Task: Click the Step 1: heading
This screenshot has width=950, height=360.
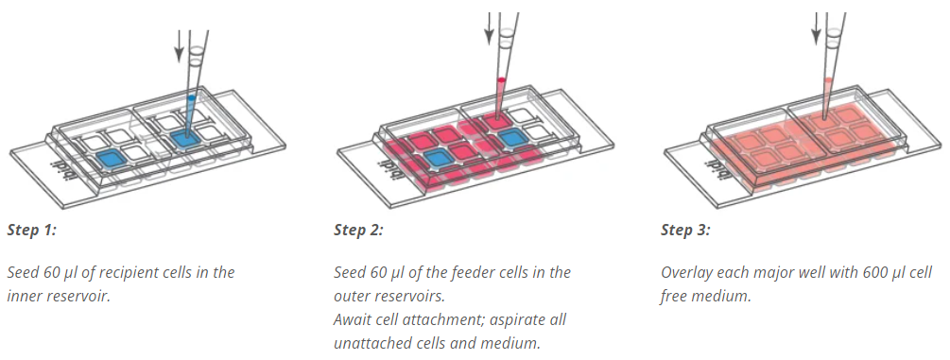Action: pos(31,230)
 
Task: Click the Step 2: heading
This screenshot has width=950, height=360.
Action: pos(358,230)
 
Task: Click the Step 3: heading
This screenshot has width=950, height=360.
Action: pos(686,230)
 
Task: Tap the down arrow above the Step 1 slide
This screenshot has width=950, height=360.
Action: pos(179,46)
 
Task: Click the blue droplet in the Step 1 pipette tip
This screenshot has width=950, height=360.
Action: pos(192,97)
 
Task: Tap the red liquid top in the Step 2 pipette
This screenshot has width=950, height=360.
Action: pos(501,79)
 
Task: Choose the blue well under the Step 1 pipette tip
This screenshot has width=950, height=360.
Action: pos(185,139)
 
